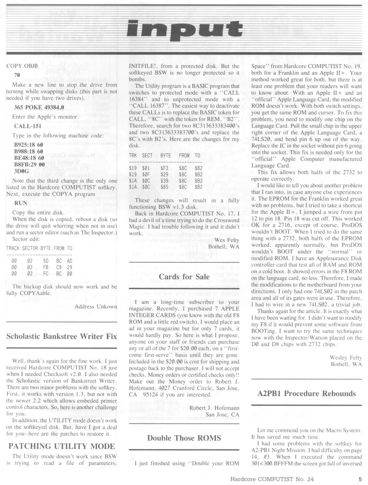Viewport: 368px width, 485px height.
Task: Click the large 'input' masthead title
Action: [184, 30]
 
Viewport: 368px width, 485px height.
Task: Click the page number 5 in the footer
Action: [360, 478]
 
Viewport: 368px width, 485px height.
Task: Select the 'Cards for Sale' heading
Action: [184, 276]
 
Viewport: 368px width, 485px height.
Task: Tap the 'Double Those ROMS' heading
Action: [184, 438]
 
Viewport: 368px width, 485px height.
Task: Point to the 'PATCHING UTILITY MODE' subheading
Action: [61, 446]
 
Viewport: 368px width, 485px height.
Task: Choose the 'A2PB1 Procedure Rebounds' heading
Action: [306, 393]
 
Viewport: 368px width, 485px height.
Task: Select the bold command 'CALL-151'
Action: [27, 126]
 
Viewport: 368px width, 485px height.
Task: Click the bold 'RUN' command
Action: [21, 203]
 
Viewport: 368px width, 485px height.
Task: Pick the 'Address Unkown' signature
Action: [96, 307]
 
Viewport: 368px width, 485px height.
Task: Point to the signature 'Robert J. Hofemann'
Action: [214, 408]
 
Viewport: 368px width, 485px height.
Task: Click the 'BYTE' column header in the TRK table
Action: [165, 156]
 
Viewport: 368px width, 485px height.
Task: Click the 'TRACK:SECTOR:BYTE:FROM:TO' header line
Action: [39, 248]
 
